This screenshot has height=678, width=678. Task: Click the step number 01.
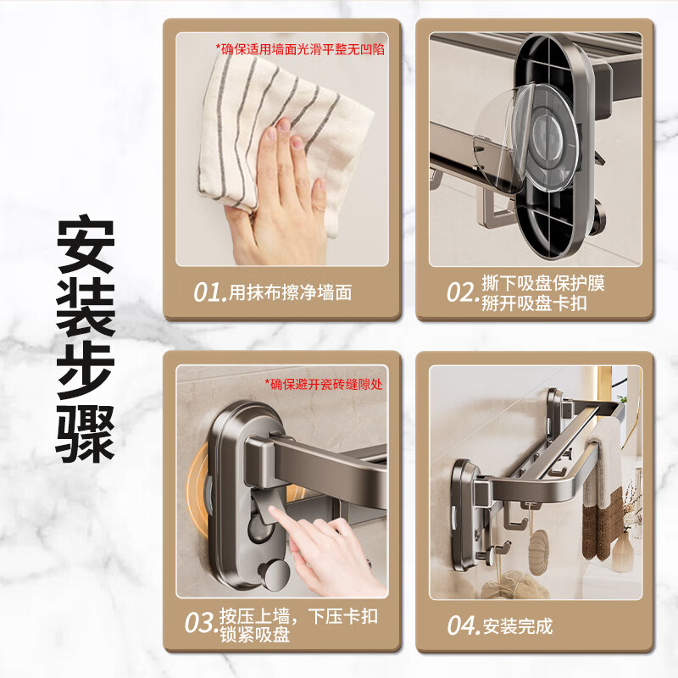(209, 292)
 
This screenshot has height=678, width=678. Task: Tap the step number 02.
(462, 292)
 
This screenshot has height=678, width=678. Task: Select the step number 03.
(200, 624)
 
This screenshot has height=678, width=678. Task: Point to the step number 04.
(463, 625)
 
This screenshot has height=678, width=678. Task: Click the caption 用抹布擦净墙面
(290, 292)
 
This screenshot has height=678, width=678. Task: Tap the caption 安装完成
(518, 626)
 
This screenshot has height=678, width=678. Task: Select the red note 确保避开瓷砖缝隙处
(324, 384)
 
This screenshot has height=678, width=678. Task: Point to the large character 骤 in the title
(86, 434)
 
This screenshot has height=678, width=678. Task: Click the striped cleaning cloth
(281, 138)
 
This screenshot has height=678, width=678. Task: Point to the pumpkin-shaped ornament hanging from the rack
(539, 546)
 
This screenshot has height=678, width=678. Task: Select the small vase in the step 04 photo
(623, 553)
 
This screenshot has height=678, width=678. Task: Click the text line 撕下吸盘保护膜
(543, 283)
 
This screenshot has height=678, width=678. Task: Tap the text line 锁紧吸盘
(255, 634)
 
